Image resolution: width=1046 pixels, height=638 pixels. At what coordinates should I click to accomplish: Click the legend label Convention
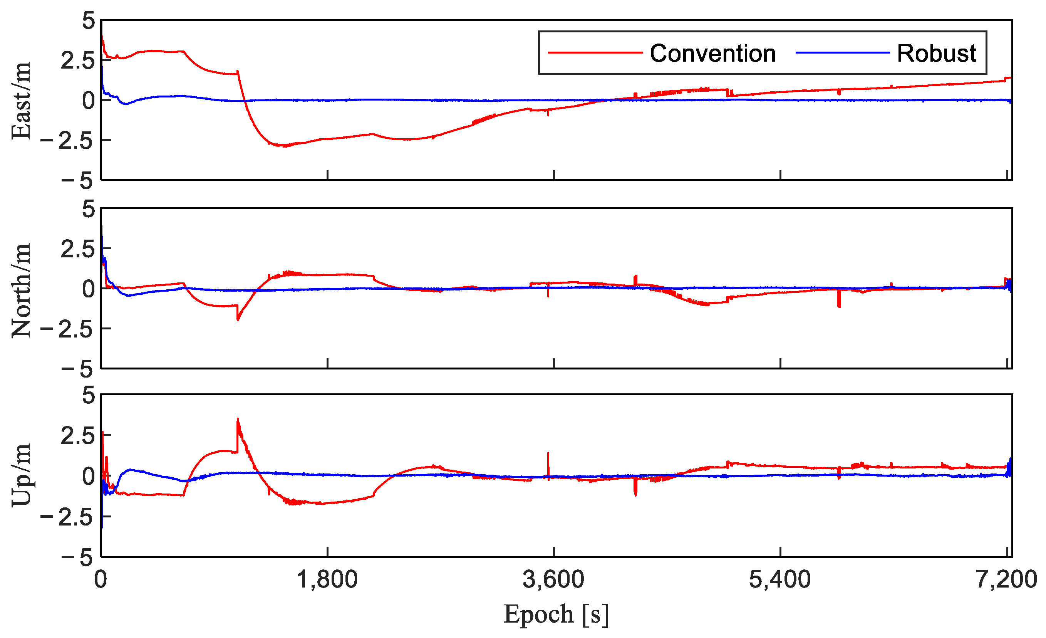click(712, 54)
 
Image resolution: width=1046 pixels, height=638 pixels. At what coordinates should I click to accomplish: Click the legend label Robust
click(937, 54)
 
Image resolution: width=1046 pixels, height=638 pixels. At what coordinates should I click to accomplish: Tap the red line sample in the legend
click(595, 53)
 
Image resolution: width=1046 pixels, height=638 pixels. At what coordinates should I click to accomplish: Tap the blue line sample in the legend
click(842, 53)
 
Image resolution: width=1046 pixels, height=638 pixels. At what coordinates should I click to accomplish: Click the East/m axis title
click(21, 100)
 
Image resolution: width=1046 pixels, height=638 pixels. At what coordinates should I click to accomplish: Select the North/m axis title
click(21, 290)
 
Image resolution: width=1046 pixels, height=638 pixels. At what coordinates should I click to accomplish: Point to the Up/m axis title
click(21, 475)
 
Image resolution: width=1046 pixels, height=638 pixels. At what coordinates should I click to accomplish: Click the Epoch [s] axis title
click(556, 614)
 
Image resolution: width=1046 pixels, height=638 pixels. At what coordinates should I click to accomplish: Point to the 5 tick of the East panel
click(89, 21)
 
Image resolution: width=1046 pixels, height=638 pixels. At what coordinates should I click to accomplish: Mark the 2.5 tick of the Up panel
click(77, 436)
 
